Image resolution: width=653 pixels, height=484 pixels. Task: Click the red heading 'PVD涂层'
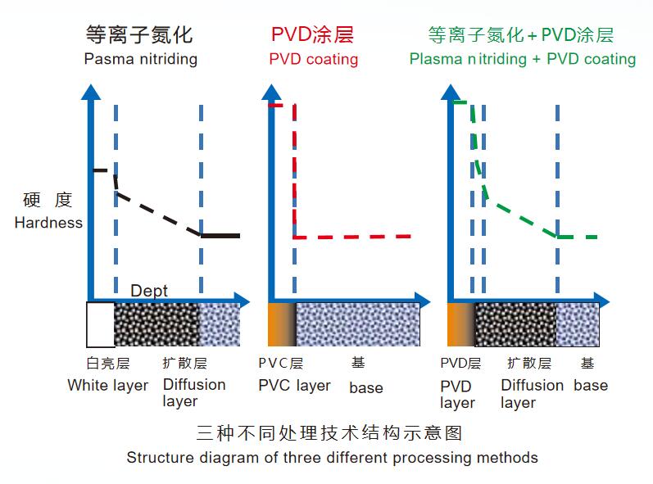coord(312,34)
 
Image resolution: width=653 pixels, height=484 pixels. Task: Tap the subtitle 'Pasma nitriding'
coord(141,59)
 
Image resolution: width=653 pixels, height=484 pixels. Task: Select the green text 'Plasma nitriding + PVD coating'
coord(523,59)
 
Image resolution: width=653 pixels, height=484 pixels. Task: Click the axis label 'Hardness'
coord(48,223)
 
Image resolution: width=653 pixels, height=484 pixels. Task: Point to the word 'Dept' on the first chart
coord(149,291)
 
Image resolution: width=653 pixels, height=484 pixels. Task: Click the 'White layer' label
coord(108,386)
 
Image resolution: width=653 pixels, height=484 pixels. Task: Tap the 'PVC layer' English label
coord(294,386)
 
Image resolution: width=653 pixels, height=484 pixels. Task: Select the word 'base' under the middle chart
coord(366,387)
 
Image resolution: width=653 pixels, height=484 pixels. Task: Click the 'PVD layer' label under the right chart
coord(458,394)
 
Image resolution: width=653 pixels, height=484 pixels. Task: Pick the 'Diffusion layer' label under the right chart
coord(533,394)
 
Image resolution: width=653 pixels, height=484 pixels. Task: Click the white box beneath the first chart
coord(100,324)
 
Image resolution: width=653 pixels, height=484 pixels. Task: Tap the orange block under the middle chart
coord(282,324)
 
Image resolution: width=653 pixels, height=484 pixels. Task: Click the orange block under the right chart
coord(461,324)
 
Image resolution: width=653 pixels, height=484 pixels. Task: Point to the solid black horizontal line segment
coord(220,236)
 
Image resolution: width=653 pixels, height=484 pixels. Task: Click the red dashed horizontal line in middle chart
coord(352,237)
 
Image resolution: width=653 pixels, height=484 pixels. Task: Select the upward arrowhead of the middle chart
coord(271,92)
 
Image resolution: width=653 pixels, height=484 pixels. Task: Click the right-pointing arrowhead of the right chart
coord(601,301)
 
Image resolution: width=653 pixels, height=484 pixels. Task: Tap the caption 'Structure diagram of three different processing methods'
coord(333,458)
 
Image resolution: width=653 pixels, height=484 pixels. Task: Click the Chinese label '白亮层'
coord(108,364)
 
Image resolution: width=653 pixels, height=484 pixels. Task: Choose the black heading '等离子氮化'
coord(139,34)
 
